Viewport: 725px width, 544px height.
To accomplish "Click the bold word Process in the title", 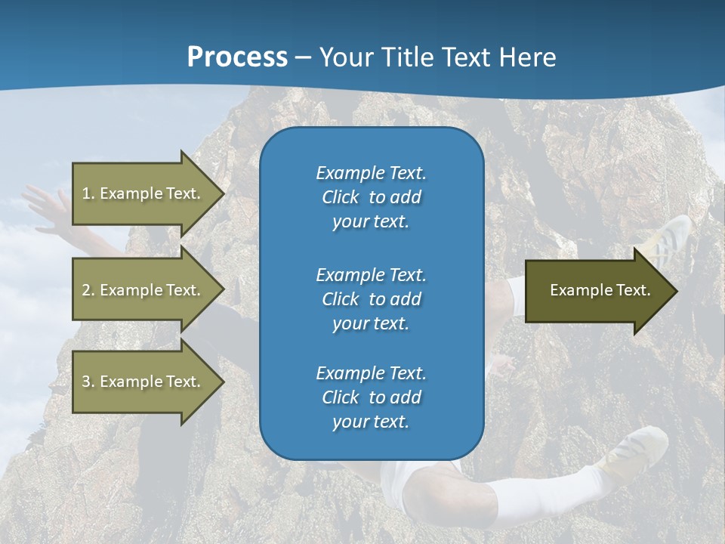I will coord(237,57).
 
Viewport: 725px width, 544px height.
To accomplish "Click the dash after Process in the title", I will coord(303,58).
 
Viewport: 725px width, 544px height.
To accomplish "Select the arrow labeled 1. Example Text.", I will coord(143,193).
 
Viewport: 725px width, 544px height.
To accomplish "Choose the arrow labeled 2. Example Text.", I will coord(143,290).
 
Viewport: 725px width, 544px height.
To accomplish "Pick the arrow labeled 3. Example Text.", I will coord(143,382).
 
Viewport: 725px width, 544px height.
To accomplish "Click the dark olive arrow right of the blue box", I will coord(597,291).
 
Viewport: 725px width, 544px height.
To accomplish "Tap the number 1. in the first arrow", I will coord(88,193).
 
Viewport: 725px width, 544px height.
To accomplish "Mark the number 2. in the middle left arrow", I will coord(88,290).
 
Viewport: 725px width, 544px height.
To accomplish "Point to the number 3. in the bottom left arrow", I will coord(88,382).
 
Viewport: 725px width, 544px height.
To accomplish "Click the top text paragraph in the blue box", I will coord(371,197).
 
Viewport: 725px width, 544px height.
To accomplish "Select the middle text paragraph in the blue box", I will coord(371,299).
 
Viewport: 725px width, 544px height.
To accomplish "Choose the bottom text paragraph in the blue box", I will coord(371,397).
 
